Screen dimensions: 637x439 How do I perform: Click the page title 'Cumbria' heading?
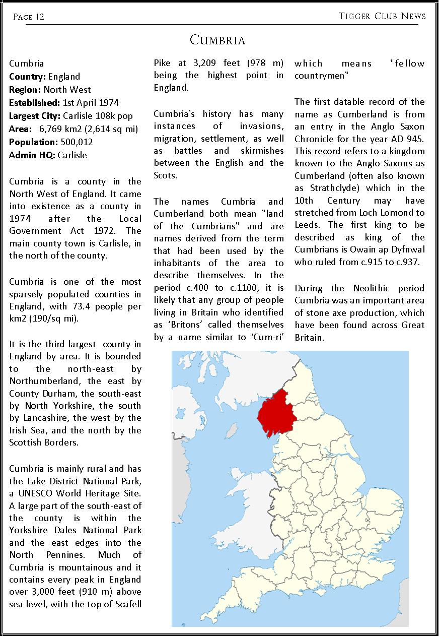218,40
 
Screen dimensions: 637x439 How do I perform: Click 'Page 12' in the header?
29,17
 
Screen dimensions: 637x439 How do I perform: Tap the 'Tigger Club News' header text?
382,17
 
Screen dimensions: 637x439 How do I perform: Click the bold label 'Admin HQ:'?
32,155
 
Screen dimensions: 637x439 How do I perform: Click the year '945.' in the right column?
414,126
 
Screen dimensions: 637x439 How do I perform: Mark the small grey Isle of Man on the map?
232,431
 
